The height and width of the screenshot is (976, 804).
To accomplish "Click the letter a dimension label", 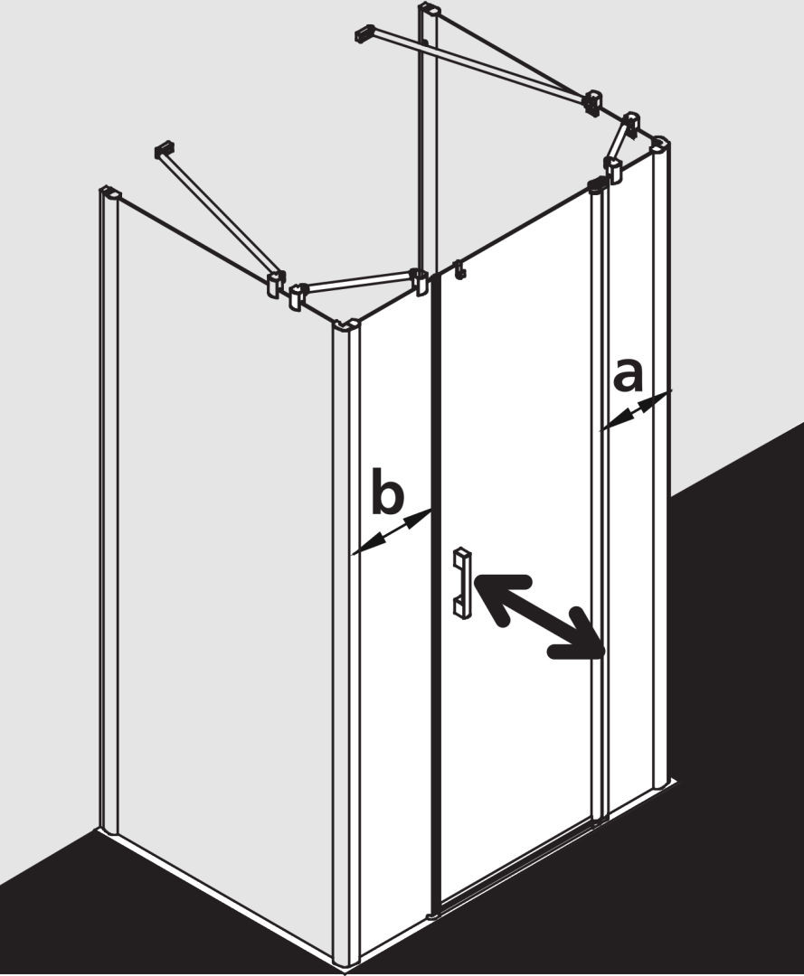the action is click(x=628, y=377).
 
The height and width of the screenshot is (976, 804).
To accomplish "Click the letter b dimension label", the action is click(x=387, y=492).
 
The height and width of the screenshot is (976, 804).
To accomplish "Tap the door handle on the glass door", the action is click(x=463, y=582).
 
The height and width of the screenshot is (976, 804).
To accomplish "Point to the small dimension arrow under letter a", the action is click(x=637, y=409).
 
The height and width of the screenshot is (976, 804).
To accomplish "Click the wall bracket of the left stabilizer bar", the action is click(x=162, y=151).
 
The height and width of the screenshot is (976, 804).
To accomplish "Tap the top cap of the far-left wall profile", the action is click(x=109, y=192).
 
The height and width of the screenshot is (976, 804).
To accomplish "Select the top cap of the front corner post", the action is click(x=346, y=327).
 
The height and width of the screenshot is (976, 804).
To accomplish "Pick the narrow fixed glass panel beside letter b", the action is click(x=395, y=623).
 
